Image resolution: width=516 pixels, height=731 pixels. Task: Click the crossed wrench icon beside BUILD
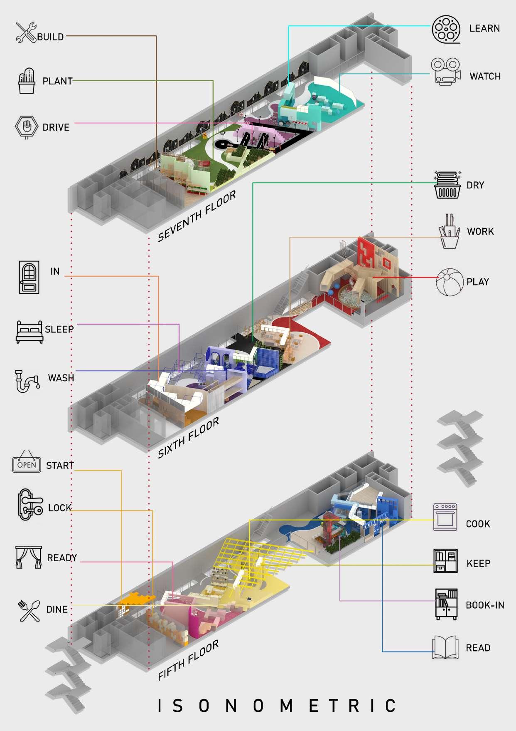pyautogui.click(x=26, y=32)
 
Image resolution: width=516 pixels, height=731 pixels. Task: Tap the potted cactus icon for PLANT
pyautogui.click(x=27, y=81)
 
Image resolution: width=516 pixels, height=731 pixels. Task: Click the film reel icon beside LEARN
pyautogui.click(x=446, y=29)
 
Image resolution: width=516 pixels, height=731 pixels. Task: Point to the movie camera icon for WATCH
pyautogui.click(x=445, y=72)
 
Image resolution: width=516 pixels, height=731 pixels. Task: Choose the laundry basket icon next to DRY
pyautogui.click(x=447, y=185)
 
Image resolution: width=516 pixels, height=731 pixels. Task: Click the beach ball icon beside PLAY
pyautogui.click(x=449, y=282)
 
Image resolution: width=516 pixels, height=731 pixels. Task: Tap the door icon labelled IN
pyautogui.click(x=29, y=277)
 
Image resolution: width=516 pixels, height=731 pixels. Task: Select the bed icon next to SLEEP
pyautogui.click(x=29, y=331)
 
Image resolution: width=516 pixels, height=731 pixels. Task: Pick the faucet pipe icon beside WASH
pyautogui.click(x=27, y=380)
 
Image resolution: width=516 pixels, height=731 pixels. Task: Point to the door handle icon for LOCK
pyautogui.click(x=29, y=505)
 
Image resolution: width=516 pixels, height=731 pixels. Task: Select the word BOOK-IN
pyautogui.click(x=485, y=605)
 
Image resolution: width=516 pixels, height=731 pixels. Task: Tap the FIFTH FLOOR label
pyautogui.click(x=188, y=660)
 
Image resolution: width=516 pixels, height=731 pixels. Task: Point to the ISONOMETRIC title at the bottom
pyautogui.click(x=276, y=706)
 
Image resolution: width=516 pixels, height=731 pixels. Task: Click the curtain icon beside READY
pyautogui.click(x=28, y=557)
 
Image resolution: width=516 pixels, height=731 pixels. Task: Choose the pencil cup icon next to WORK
pyautogui.click(x=449, y=231)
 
